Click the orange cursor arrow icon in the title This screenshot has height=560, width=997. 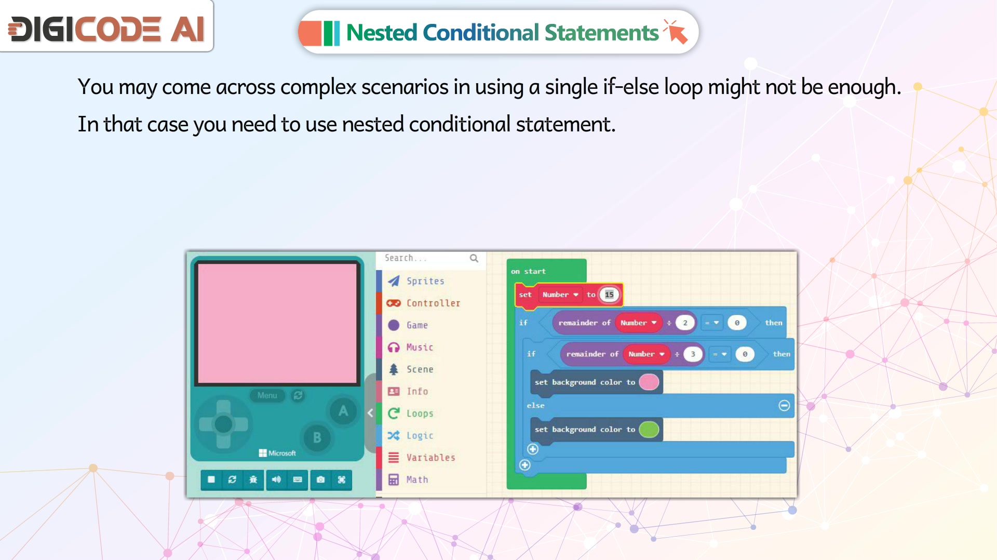tap(676, 32)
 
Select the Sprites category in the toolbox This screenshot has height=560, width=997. tap(416, 281)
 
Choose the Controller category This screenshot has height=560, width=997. tap(423, 303)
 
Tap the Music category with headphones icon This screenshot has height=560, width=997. tap(410, 347)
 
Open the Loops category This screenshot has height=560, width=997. tap(410, 414)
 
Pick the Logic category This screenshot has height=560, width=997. tap(410, 435)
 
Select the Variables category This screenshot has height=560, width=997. tap(421, 458)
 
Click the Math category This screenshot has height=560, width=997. tap(408, 479)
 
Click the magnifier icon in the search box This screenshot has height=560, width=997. tap(474, 258)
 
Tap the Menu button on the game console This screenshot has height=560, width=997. tap(267, 395)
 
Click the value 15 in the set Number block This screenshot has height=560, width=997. tap(609, 295)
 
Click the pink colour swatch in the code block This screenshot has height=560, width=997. tap(649, 382)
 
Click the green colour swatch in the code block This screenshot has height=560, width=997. tap(649, 429)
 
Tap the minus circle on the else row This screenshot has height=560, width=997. tap(784, 405)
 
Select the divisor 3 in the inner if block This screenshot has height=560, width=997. tap(693, 354)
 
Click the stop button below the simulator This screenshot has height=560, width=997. tap(211, 479)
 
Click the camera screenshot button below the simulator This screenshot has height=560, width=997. tap(321, 479)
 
